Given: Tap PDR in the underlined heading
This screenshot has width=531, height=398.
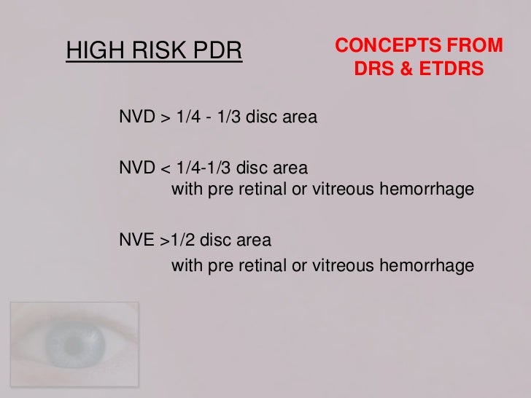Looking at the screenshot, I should (217, 52).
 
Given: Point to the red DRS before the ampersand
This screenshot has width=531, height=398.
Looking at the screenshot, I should (371, 71).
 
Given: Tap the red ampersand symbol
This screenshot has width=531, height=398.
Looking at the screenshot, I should (402, 71).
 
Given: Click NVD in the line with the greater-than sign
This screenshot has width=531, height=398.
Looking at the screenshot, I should (133, 117).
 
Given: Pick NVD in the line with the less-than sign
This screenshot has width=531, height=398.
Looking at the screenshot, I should (133, 168).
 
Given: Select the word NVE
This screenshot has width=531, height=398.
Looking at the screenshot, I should (133, 240).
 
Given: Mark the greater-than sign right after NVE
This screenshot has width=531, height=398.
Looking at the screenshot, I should (158, 240).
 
